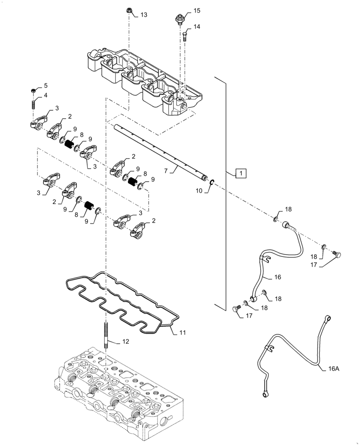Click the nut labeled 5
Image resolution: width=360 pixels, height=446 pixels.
coord(33,91)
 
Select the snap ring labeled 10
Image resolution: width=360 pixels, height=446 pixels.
coord(212,181)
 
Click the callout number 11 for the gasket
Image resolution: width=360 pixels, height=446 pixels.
coord(183,332)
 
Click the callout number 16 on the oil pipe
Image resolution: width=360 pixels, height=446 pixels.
coord(278,277)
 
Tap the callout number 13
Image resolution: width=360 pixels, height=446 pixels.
coord(143,15)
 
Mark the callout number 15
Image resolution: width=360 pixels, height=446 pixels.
coord(197,10)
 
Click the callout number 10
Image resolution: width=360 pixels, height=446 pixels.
coord(198,190)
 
